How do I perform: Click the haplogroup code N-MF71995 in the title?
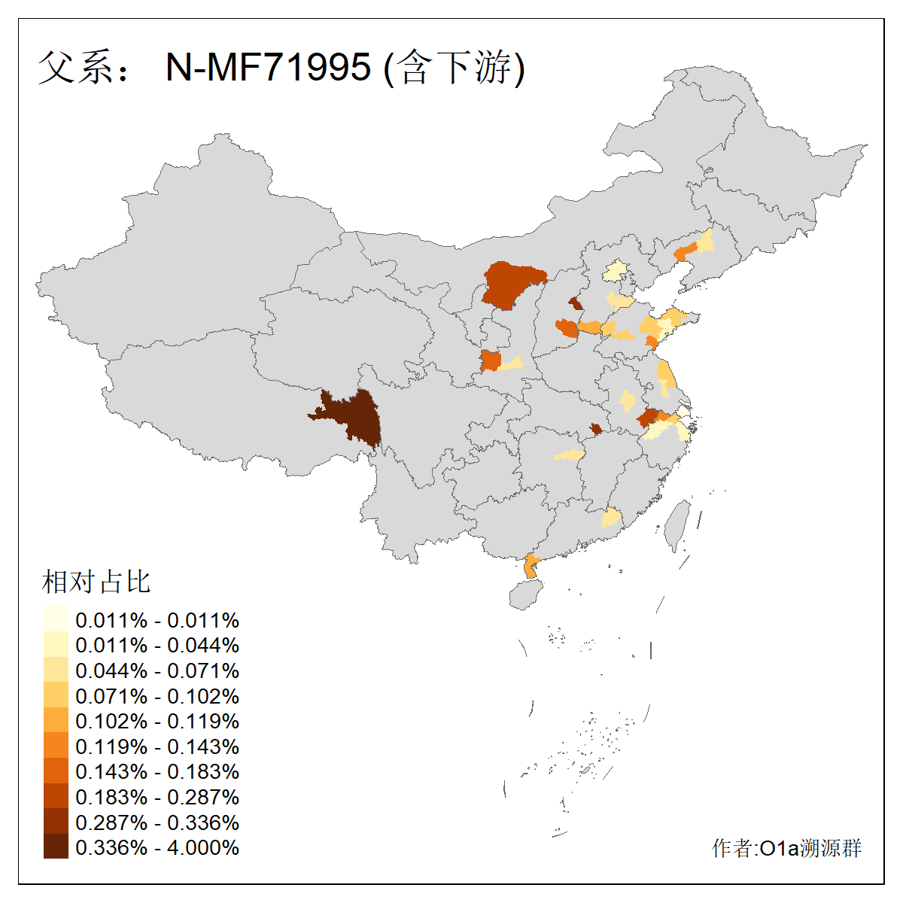[x=268, y=67]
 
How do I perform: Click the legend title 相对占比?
[x=96, y=582]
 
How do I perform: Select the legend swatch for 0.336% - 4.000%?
[x=56, y=847]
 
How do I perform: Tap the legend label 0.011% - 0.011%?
[x=157, y=620]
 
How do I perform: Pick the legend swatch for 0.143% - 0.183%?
[x=56, y=771]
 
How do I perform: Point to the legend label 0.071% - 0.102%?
[x=157, y=696]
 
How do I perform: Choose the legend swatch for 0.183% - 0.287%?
[x=56, y=797]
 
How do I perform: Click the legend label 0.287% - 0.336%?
[x=157, y=822]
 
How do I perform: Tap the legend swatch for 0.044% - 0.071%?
[x=56, y=670]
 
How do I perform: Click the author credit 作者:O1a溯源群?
[x=786, y=848]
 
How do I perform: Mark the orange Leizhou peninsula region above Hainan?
[x=531, y=565]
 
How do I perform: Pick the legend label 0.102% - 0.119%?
[x=157, y=721]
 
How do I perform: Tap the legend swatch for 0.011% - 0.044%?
[x=56, y=645]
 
